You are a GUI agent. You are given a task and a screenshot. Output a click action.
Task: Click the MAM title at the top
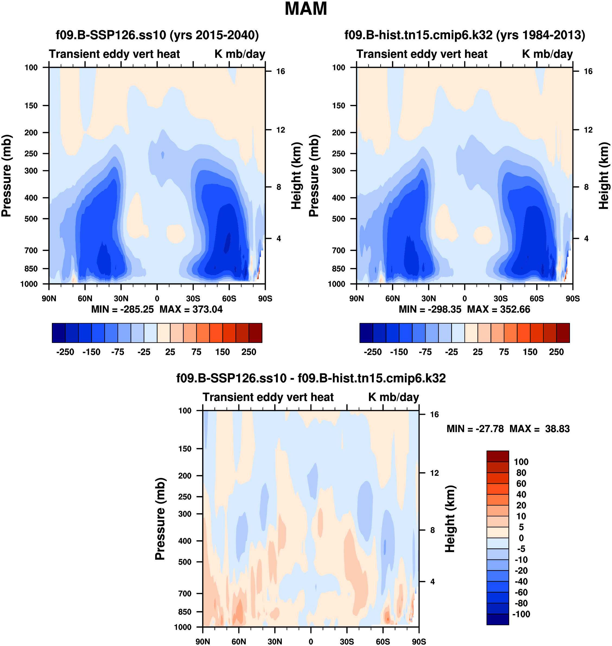tap(306, 9)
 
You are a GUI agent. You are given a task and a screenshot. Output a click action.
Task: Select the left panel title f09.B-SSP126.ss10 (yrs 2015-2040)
tap(157, 35)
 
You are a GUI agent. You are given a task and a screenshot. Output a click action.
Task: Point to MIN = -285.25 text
tap(122, 309)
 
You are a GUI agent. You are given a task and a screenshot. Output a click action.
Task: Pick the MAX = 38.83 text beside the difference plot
tap(540, 429)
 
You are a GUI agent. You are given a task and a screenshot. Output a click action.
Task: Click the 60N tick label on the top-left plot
tap(85, 298)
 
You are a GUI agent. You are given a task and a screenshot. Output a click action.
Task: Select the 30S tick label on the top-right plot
tap(501, 298)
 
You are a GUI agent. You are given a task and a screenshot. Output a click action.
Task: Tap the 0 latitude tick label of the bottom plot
tap(311, 641)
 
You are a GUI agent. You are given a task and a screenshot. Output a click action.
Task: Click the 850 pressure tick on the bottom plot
tap(185, 612)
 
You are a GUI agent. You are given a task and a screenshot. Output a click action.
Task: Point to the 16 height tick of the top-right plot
tap(588, 71)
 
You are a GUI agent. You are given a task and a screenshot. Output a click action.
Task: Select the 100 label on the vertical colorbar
tap(521, 462)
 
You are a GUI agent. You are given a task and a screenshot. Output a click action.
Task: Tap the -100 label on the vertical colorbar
tap(521, 614)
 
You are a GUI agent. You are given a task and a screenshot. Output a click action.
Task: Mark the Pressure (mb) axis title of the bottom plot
tap(160, 519)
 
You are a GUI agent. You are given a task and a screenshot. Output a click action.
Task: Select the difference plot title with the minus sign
tap(311, 378)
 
